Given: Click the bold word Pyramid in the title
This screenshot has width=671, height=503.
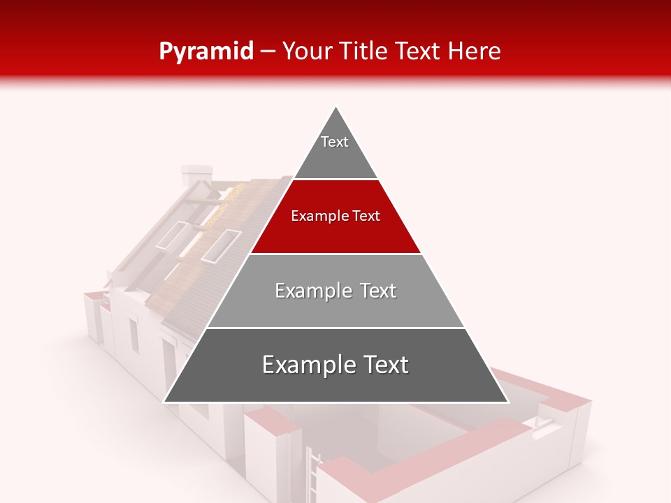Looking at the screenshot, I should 205,51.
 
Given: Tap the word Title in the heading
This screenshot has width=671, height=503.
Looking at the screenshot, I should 366,51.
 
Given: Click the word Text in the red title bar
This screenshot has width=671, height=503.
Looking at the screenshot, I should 420,51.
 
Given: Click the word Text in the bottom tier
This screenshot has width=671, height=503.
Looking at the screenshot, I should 382,365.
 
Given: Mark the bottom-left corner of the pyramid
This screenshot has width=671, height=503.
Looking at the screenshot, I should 166,401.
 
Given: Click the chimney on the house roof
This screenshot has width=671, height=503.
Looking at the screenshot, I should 195,175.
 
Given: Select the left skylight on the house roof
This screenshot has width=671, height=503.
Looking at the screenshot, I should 171,235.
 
